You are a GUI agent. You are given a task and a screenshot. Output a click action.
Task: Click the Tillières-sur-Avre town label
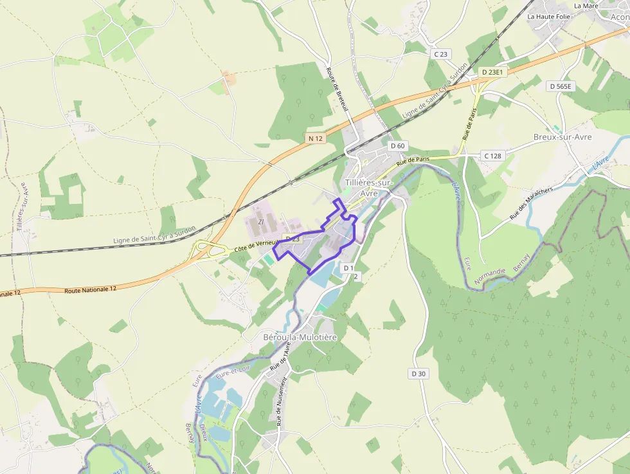coord(368,187)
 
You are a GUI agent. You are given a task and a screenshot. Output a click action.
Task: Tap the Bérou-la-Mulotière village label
coord(300,337)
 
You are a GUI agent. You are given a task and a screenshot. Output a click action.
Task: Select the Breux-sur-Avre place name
coord(562,137)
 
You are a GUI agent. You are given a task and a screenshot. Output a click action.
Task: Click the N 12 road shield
coord(315,138)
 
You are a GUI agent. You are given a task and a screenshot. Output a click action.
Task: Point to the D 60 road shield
coord(397,146)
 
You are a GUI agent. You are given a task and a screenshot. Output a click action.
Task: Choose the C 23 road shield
coord(440,54)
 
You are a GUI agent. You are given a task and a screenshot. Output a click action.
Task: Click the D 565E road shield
coord(561,86)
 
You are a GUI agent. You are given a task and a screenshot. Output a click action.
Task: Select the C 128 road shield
coord(492,156)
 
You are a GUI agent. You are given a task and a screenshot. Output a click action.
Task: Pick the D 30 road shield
coord(418,374)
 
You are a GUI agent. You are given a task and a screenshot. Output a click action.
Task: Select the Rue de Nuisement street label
coord(281,403)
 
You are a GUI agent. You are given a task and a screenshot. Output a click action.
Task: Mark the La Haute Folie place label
coord(549,16)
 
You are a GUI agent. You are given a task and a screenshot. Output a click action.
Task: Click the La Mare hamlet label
coord(586,6)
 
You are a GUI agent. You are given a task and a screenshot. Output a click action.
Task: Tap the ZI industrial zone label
coord(261,222)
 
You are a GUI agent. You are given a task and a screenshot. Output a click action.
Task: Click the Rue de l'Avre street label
coord(280,356)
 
